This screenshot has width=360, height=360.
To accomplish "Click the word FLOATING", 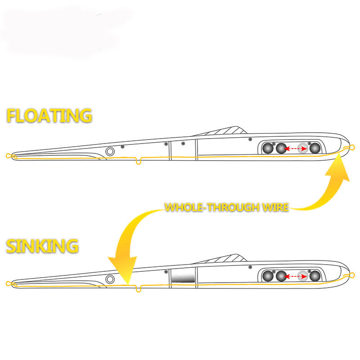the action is pyautogui.click(x=49, y=116).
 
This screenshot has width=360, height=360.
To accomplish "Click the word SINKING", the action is pyautogui.click(x=42, y=246).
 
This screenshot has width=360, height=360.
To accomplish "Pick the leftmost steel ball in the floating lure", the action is pyautogui.click(x=269, y=148).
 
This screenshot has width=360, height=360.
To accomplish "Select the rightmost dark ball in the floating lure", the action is pyautogui.click(x=315, y=148).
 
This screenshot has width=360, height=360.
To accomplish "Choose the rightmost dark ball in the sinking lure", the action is pyautogui.click(x=315, y=276).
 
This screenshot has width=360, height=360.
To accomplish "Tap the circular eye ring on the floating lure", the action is pyautogui.click(x=109, y=151).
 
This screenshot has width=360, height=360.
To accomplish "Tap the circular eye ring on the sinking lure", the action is pyautogui.click(x=109, y=279).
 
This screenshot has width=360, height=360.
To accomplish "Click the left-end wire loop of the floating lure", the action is pyautogui.click(x=8, y=156).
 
